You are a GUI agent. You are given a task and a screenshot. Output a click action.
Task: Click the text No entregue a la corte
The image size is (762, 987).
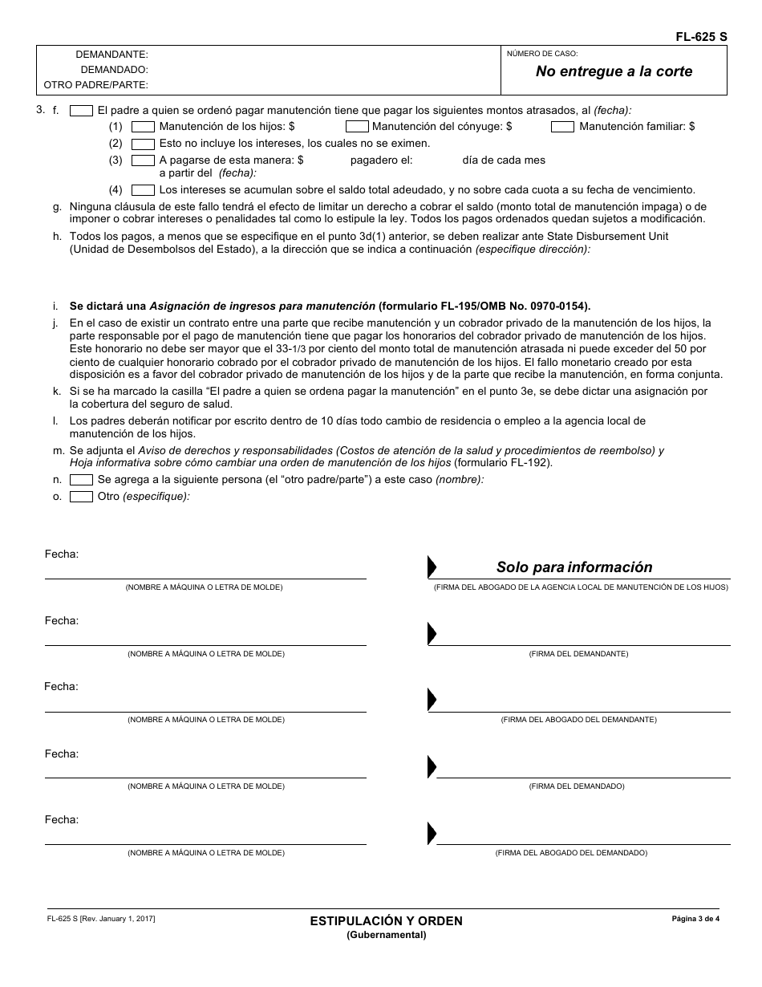614,71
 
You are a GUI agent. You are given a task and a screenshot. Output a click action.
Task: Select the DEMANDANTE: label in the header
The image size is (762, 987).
111,55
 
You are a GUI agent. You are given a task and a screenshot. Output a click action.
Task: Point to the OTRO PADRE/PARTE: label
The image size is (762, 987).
95,84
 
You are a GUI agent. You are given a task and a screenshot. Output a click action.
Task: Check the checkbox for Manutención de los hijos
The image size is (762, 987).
143,127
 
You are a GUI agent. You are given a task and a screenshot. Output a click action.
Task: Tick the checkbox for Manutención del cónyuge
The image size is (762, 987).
357,127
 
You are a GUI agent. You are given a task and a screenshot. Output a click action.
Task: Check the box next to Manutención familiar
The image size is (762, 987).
562,127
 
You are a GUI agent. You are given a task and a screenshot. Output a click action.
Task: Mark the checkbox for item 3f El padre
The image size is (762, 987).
81,111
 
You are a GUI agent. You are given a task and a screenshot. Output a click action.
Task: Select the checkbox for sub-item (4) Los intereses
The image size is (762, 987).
143,190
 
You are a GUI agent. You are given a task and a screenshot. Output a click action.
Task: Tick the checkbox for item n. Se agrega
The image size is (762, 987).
81,480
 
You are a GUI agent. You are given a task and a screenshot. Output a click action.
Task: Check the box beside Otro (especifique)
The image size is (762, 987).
81,497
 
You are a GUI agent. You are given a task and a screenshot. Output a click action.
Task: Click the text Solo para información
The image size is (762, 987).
574,567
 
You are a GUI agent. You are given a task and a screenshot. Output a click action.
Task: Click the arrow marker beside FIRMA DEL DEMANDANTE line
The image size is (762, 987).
432,633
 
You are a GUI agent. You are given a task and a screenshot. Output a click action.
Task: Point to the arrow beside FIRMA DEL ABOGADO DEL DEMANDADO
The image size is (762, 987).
432,832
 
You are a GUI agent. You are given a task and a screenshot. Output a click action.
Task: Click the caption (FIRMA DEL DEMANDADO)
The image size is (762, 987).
577,786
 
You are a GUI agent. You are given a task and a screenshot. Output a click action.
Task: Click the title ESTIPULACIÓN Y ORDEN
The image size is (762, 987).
387,921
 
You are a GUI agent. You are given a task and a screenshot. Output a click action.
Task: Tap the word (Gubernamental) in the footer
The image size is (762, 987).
387,935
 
